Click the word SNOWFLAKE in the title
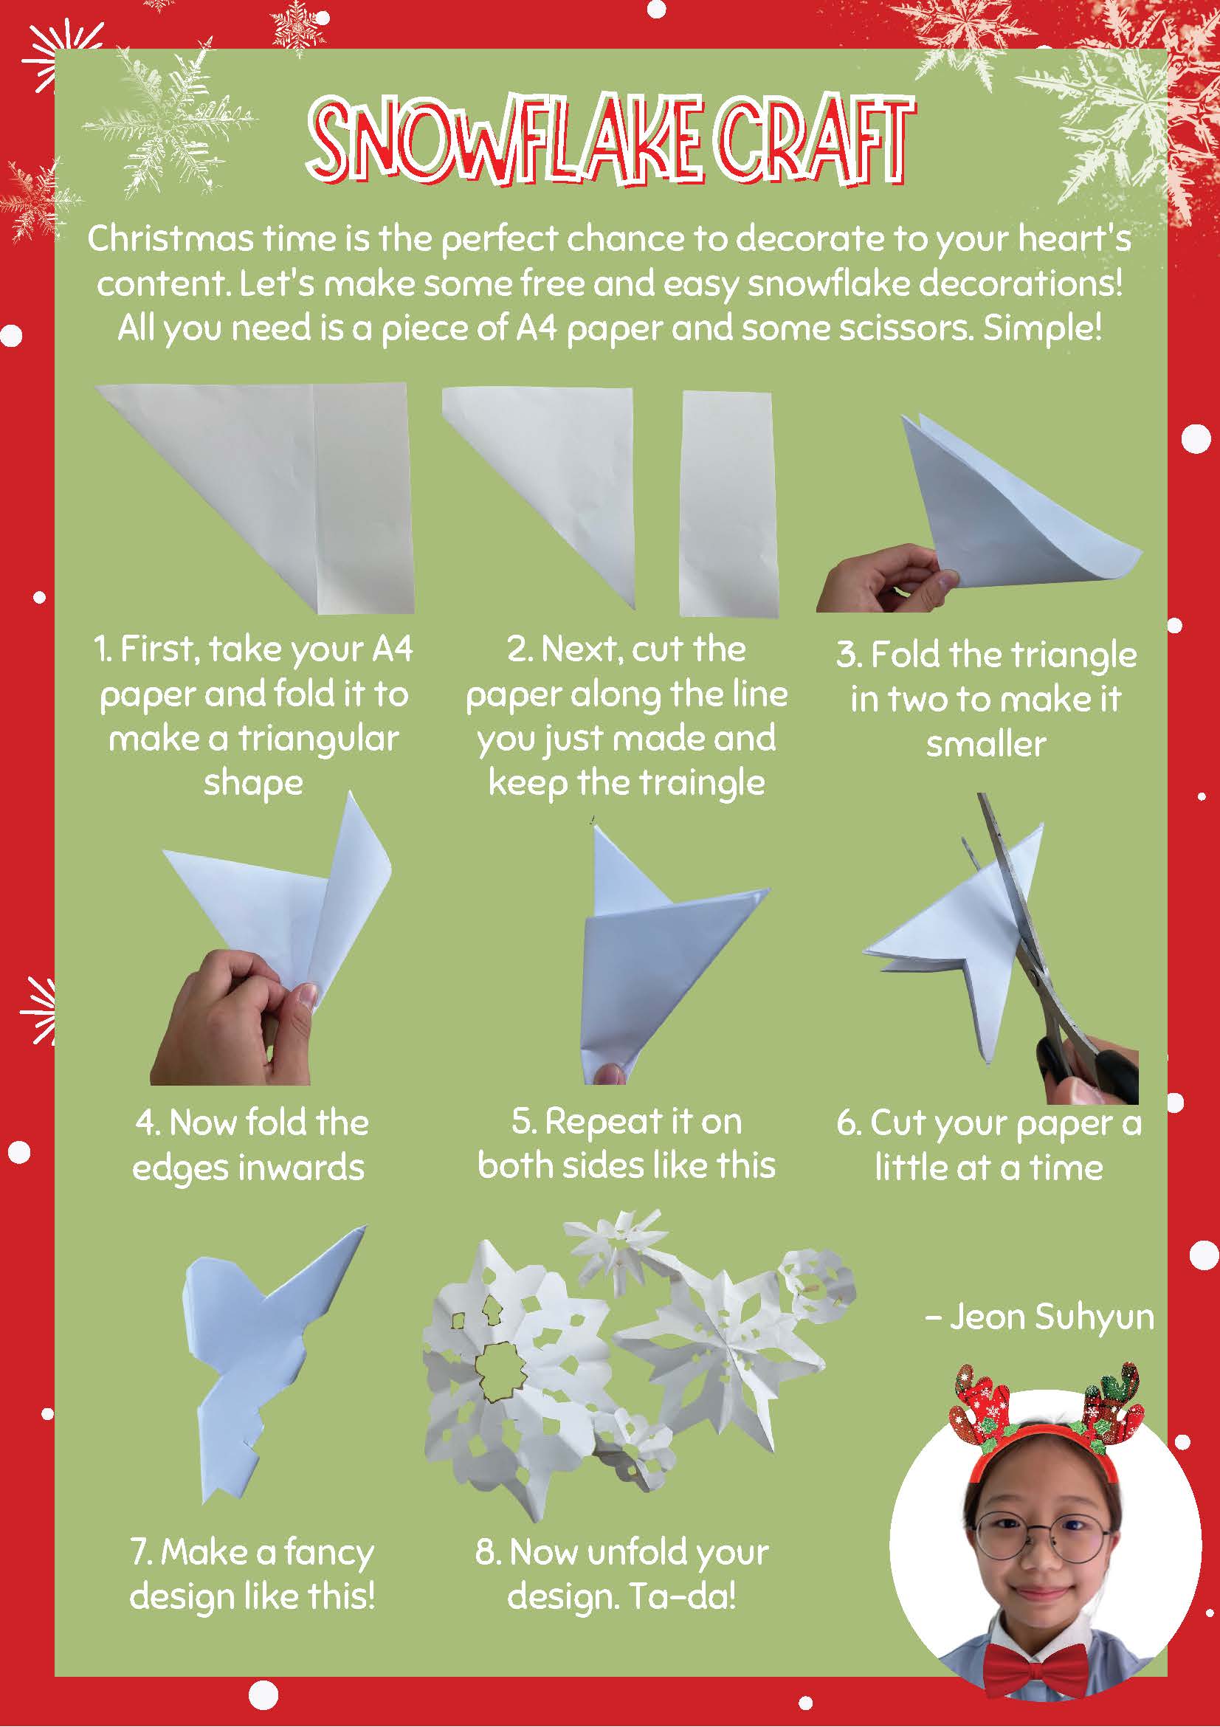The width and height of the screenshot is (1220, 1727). point(506,141)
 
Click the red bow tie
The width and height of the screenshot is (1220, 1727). point(1044,1661)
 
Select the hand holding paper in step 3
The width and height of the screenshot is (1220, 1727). point(884,579)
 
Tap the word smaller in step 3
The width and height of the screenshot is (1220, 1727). point(986,745)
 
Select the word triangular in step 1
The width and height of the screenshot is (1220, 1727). point(318,740)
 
